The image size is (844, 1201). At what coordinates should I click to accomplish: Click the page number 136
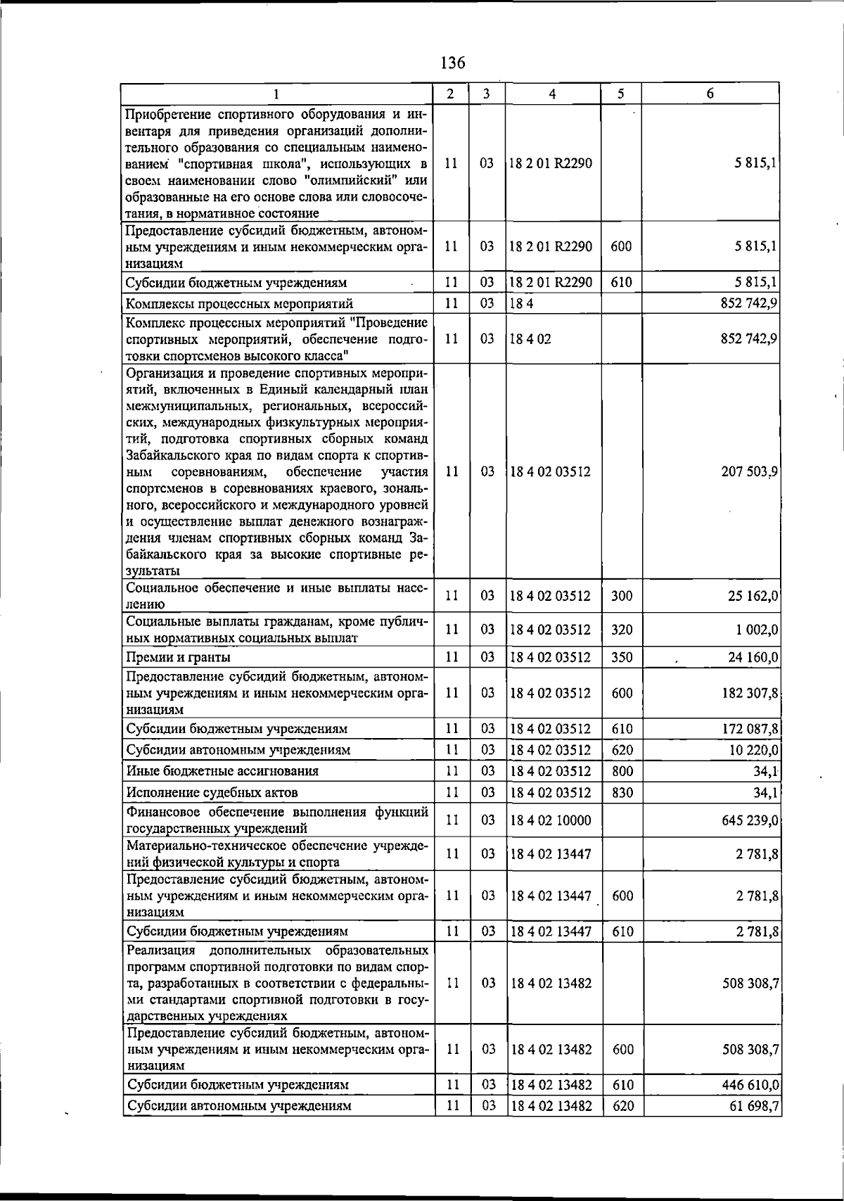pyautogui.click(x=452, y=63)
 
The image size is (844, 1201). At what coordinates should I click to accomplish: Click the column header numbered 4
pyautogui.click(x=553, y=94)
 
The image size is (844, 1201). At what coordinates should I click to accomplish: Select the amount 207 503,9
pyautogui.click(x=748, y=472)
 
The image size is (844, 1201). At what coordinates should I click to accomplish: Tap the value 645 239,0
pyautogui.click(x=748, y=820)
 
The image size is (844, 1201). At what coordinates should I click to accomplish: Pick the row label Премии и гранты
pyautogui.click(x=178, y=657)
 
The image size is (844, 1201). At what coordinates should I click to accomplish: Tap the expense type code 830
pyautogui.click(x=622, y=793)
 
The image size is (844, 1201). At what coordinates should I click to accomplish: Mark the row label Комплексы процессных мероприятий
pyautogui.click(x=239, y=304)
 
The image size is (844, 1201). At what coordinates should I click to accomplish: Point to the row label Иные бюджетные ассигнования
pyautogui.click(x=222, y=771)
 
